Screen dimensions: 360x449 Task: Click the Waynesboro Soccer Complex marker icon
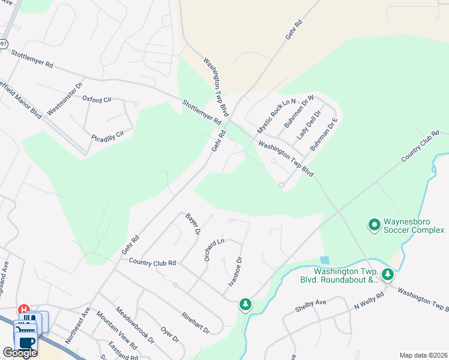click(374, 225)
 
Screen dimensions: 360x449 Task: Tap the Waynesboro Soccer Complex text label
click(414, 225)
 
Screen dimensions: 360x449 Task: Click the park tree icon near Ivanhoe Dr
click(245, 305)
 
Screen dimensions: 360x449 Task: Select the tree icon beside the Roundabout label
click(388, 275)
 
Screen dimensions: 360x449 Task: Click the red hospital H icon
click(25, 310)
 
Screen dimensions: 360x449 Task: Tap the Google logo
click(20, 353)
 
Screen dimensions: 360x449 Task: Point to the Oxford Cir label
click(97, 99)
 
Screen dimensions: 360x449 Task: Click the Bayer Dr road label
click(192, 224)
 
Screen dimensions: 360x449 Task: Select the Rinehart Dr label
click(195, 322)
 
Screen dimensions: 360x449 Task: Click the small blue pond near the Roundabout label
click(325, 260)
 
